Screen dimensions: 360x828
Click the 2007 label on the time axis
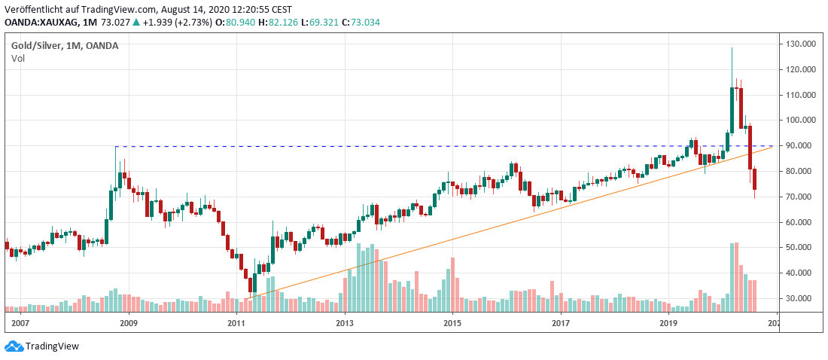coord(20,323)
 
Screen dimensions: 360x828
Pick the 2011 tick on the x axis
coord(236,323)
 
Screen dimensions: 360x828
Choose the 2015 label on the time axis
coord(452,323)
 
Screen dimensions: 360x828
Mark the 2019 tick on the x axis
coord(669,323)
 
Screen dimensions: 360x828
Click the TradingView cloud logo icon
coord(14,346)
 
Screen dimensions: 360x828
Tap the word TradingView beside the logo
coord(52,346)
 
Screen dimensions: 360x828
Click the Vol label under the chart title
coord(17,58)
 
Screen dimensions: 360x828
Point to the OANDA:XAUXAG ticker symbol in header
coord(38,23)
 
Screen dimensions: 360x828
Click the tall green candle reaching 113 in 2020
coord(732,110)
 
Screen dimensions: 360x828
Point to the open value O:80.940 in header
coord(227,23)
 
